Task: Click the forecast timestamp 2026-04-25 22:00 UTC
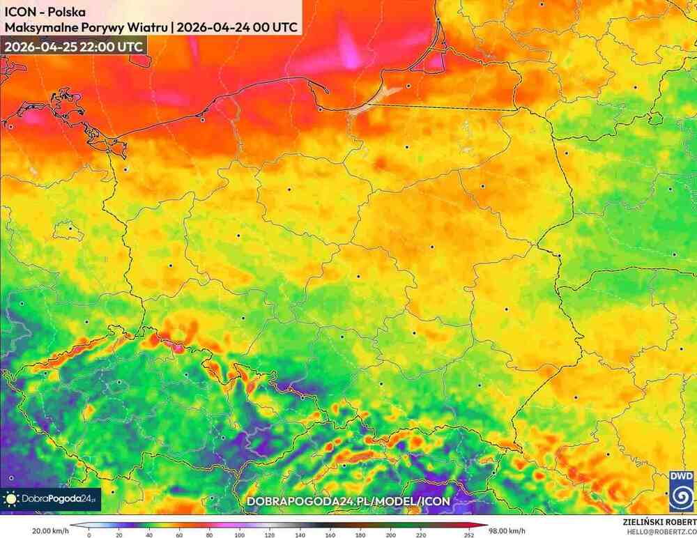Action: pos(74,46)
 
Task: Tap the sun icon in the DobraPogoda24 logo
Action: pos(12,498)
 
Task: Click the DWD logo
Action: pos(681,491)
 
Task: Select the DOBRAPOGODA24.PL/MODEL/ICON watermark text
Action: pos(348,501)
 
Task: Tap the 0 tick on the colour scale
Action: pos(89,535)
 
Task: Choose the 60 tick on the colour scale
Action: pos(180,535)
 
